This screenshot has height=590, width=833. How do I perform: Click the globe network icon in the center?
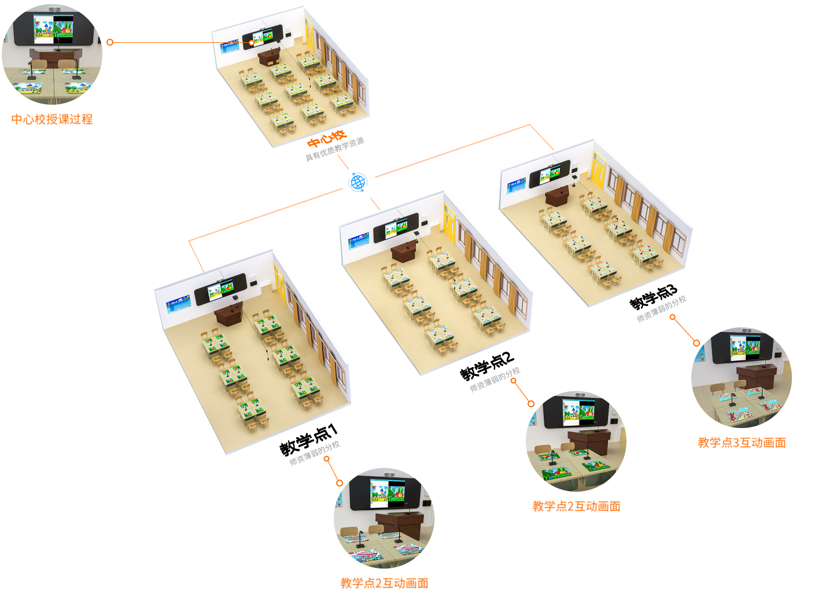coord(359,183)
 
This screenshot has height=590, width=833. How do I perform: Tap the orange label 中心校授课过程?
coord(52,119)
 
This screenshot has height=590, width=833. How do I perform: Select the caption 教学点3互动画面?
coord(742,443)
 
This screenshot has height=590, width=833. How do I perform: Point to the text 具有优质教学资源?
coord(335,149)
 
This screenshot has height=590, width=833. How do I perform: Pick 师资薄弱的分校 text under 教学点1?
coord(315,453)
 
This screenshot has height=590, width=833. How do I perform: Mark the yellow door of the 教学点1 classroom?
coord(280,281)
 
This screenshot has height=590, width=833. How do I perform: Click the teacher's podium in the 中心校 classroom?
coord(269,57)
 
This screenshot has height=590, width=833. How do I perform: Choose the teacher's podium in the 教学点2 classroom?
coord(403,252)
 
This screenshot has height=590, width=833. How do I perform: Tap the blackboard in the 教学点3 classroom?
coord(550,174)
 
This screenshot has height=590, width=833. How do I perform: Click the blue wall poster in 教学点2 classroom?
coord(359,240)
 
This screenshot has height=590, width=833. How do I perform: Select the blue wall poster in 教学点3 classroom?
coord(516,186)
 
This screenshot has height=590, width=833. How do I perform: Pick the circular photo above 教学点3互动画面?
coord(742,378)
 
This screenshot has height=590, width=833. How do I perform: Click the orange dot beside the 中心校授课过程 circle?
coord(110,42)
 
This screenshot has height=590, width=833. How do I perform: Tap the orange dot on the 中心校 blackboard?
coord(252,43)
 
